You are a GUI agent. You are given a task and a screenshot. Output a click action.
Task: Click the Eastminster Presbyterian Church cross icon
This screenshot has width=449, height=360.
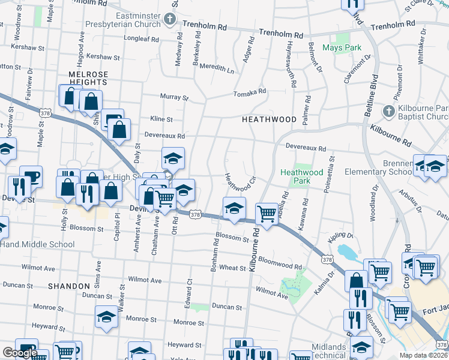tap(170, 20)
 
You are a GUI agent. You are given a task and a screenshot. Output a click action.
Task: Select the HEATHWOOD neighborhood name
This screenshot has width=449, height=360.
tap(269, 119)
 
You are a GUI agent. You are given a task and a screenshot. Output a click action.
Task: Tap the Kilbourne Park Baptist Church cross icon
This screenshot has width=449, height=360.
tap(388, 111)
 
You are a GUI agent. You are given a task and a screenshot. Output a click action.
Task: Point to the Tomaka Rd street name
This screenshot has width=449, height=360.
tap(250, 92)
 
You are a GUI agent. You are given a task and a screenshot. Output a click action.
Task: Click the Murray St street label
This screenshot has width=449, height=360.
tap(174, 97)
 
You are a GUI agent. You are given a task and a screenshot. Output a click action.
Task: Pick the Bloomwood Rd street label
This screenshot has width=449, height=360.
tap(280, 265)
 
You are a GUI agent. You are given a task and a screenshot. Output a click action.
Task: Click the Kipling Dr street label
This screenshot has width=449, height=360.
tap(341, 236)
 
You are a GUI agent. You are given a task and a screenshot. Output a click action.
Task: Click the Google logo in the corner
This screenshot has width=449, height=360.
tap(20, 353)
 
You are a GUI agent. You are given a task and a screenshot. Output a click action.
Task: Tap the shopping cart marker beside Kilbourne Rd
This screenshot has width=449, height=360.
tap(267, 214)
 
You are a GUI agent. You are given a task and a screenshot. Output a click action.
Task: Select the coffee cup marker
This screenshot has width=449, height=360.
tap(31, 176)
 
